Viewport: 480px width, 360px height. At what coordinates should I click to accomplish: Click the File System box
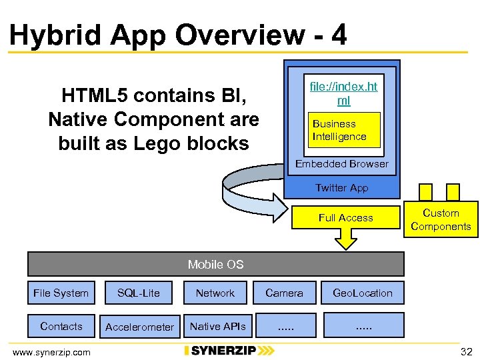point(61,293)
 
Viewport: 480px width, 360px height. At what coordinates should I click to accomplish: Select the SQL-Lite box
point(139,293)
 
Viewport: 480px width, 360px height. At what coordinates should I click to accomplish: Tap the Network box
point(215,293)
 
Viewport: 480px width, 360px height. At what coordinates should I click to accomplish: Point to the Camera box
point(284,293)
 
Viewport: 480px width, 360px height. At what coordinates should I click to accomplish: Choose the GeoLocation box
point(363,293)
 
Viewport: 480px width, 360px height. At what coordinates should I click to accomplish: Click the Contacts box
point(61,326)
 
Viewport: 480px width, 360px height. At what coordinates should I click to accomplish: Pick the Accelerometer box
point(139,327)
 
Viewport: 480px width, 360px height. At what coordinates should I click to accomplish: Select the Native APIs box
point(217,326)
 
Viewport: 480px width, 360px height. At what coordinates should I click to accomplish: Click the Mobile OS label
point(215,265)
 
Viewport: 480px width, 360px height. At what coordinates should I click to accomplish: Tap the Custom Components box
point(441,220)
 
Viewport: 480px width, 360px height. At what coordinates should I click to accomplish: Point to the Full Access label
point(345,218)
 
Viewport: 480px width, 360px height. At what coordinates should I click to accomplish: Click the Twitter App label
point(341,188)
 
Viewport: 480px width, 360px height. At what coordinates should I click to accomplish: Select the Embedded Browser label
point(341,164)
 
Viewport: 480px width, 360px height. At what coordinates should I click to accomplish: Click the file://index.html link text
point(343,94)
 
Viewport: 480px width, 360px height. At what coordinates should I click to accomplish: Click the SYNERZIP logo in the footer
point(229,351)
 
